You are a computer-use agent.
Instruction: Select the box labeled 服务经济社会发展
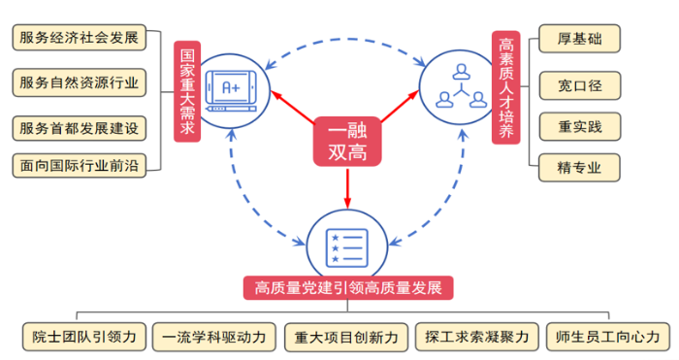pyautogui.click(x=79, y=40)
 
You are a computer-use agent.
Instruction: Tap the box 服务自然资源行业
pyautogui.click(x=79, y=82)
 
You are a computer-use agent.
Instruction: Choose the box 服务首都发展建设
pyautogui.click(x=79, y=127)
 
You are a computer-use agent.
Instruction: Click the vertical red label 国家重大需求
pyautogui.click(x=187, y=91)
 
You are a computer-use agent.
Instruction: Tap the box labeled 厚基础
pyautogui.click(x=580, y=40)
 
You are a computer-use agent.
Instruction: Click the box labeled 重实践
pyautogui.click(x=580, y=125)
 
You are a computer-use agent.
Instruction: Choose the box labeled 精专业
pyautogui.click(x=580, y=167)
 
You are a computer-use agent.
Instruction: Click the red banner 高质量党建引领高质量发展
pyautogui.click(x=348, y=288)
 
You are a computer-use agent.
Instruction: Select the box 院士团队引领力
pyautogui.click(x=85, y=337)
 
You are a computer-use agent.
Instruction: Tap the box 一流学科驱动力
pyautogui.click(x=214, y=337)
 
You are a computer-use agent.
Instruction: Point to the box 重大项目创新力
pyautogui.click(x=346, y=337)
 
